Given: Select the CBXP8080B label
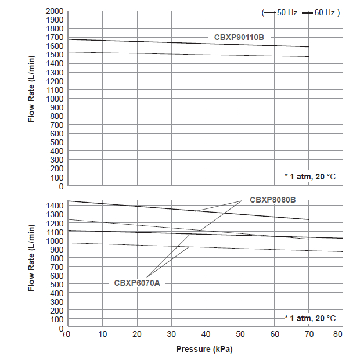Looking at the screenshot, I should (x=273, y=200).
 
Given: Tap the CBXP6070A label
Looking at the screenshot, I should (x=136, y=283).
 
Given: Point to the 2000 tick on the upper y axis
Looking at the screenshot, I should (x=55, y=11).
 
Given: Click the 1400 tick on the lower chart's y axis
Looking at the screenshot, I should (x=55, y=206).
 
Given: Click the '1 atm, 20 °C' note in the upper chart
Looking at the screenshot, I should (x=309, y=177).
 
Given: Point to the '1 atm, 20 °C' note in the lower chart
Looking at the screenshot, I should (x=309, y=318).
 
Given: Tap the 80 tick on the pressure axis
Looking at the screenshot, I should (x=338, y=334).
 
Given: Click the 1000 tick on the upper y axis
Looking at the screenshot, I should (x=55, y=99).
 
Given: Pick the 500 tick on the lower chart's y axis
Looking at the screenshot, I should (x=57, y=284).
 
